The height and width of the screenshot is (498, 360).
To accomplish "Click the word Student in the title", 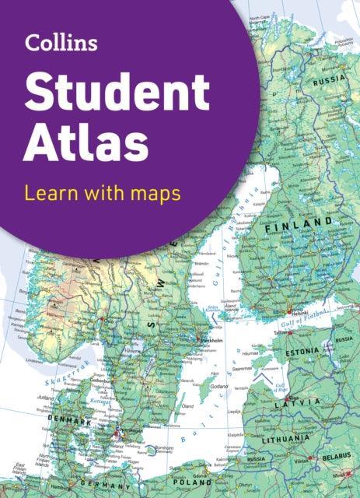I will point(116,93).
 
